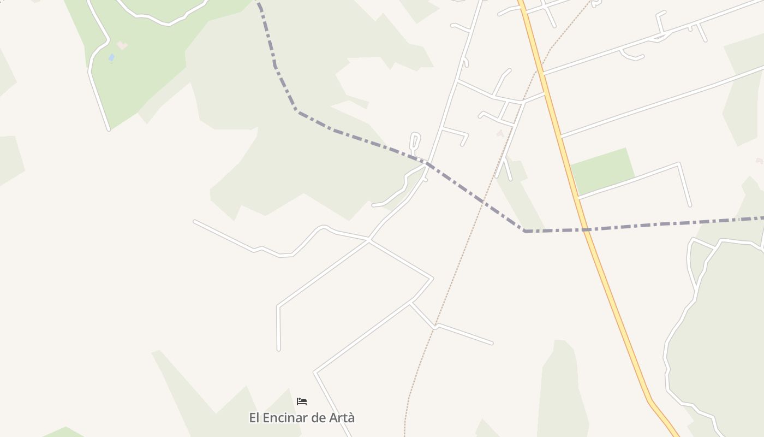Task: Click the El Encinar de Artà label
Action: coord(302,418)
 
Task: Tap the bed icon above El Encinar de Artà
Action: coord(302,401)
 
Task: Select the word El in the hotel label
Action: coord(254,418)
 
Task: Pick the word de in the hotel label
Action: coord(318,418)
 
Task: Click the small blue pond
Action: coord(111,57)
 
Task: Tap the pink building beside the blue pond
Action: coord(122,45)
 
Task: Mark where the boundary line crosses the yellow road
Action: coord(586,229)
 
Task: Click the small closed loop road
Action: coord(415,141)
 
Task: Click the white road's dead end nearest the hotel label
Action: coord(279,349)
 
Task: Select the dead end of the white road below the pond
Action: coord(109,129)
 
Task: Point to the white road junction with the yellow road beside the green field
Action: coord(577,198)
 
